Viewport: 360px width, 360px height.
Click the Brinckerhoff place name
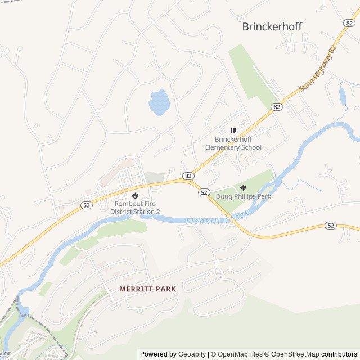point(272,26)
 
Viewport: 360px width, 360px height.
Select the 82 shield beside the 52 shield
point(188,175)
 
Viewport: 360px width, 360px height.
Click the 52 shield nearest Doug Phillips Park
point(204,192)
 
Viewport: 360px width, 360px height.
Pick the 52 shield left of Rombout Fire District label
point(86,205)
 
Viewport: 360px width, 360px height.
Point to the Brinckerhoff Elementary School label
point(233,143)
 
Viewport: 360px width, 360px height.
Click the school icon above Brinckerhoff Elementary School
point(233,131)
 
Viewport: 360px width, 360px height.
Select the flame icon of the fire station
point(135,195)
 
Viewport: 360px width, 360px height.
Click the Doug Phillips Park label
point(243,196)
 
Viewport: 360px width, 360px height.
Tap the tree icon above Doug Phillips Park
point(243,188)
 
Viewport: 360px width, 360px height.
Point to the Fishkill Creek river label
point(217,221)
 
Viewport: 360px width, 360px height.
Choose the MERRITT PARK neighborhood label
point(147,289)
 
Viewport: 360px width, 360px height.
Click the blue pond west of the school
point(159,102)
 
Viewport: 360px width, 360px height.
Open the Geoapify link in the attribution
point(192,354)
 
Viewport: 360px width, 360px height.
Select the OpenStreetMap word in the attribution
point(293,354)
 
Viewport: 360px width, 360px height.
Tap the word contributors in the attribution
point(339,354)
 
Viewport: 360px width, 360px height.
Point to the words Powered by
point(158,354)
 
